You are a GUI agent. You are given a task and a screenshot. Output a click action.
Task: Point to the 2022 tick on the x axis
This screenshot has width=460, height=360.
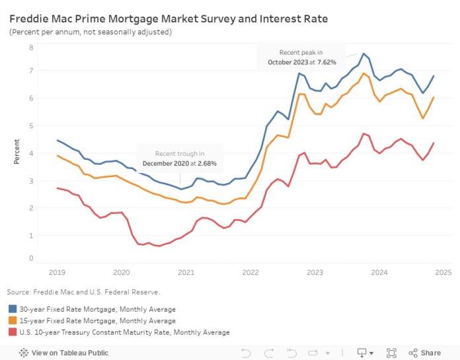250,272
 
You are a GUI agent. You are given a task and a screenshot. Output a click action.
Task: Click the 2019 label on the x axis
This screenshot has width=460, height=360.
56,272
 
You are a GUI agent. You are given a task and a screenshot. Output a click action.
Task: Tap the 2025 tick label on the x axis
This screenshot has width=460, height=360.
443,272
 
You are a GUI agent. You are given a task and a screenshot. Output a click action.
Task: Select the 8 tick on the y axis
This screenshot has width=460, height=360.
31,48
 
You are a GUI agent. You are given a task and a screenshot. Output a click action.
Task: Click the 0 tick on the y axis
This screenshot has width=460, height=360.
31,258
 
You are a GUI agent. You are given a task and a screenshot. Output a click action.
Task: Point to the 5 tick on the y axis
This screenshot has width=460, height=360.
31,126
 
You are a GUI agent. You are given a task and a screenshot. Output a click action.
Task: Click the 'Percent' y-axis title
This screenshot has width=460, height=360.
17,151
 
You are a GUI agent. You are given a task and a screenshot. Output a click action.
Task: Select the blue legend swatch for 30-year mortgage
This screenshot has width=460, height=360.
13,308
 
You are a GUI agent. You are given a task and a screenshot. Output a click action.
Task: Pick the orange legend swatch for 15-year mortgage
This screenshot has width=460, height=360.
13,320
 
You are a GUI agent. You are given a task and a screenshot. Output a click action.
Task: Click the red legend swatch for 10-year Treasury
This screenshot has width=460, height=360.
13,332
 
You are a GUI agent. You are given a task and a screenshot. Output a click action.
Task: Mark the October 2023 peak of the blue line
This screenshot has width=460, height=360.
364,54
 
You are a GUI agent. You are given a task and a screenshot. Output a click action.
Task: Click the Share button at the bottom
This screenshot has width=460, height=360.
424,353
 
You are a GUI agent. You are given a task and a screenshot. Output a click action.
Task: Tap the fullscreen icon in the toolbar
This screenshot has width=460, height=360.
391,353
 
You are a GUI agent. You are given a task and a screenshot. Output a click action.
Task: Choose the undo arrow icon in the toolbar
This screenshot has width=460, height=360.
245,353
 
